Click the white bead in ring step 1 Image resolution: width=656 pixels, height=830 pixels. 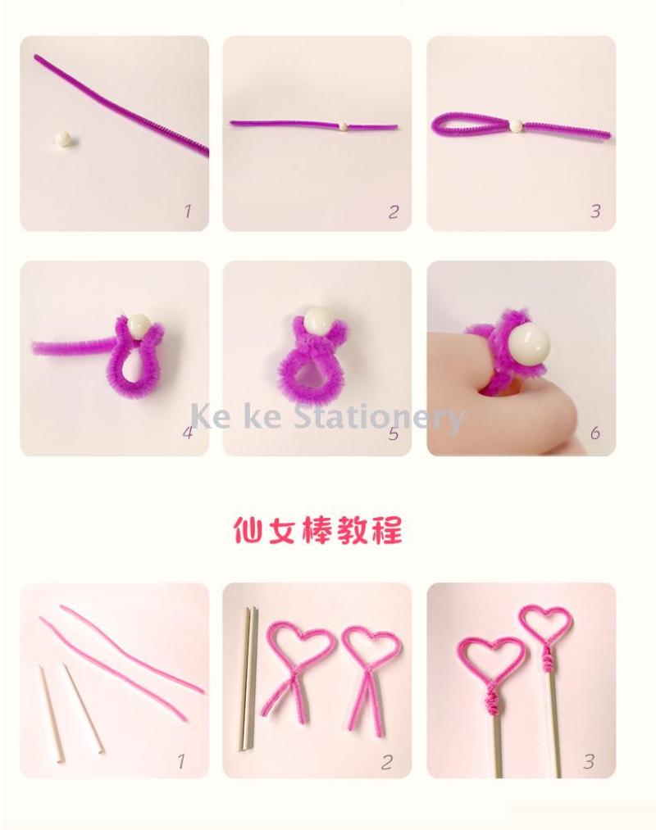click(x=64, y=140)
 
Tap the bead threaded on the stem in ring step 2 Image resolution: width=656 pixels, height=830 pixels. click(x=344, y=126)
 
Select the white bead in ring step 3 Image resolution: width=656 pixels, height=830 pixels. click(x=515, y=126)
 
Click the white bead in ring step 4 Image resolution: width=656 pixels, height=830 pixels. click(x=139, y=328)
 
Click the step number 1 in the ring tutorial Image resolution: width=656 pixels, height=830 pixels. click(x=187, y=211)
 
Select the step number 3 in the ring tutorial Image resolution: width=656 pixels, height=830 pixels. click(x=595, y=211)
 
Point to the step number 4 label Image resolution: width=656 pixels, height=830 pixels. click(x=188, y=433)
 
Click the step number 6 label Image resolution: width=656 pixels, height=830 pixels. click(x=595, y=433)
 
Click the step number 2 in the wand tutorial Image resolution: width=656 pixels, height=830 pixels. click(x=387, y=762)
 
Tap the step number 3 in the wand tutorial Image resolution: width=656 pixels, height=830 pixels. click(x=589, y=762)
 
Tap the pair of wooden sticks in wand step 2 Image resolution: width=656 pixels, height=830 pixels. click(x=248, y=678)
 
